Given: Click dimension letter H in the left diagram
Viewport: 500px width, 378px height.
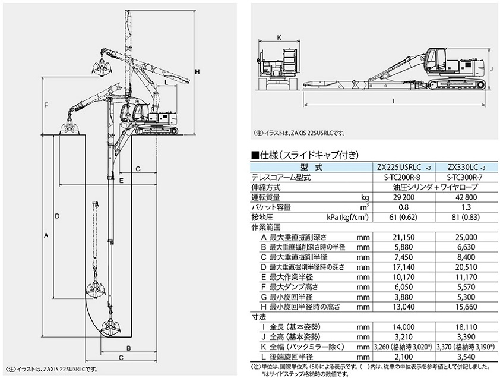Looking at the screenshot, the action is tap(197, 72).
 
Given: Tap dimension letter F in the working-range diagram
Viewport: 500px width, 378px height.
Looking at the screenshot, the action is tap(46, 105).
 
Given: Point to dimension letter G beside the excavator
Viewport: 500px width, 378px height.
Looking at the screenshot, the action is tap(138, 169).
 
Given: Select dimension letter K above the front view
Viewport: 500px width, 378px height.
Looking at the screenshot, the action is tap(279, 37).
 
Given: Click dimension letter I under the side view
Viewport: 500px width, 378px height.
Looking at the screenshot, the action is tap(394, 101).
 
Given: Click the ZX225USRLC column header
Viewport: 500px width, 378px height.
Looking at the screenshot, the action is tap(404, 167).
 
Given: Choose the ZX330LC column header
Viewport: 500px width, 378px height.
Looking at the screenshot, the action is tap(467, 167).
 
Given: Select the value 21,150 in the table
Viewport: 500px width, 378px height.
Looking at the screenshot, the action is tap(404, 237).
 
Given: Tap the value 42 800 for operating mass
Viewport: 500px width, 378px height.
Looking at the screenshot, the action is tap(467, 197).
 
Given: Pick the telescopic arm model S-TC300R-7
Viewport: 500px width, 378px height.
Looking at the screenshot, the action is tap(467, 177).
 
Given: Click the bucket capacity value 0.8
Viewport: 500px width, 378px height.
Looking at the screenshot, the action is tap(404, 207).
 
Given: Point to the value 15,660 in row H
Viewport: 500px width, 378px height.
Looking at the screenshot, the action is tap(467, 307).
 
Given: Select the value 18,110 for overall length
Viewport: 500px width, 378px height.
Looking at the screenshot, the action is tap(467, 327).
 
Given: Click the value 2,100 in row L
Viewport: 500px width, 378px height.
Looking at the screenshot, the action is tap(404, 357).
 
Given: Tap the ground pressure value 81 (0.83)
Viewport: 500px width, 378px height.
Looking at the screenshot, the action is tap(467, 218).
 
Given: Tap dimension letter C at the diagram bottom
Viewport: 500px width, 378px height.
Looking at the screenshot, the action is tap(121, 358).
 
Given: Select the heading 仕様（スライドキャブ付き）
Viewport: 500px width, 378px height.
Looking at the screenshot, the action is tap(305, 156).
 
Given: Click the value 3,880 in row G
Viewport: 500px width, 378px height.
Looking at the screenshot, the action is tap(404, 297).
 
